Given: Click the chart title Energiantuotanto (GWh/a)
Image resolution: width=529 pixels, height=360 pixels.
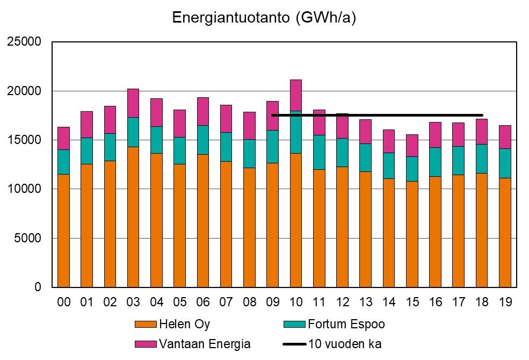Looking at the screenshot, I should [264, 18].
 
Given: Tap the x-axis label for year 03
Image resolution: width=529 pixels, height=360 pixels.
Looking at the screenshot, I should [133, 303].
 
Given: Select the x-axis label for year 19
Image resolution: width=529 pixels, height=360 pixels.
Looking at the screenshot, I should [505, 303].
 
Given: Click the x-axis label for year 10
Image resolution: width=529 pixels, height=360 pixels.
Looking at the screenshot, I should [296, 303].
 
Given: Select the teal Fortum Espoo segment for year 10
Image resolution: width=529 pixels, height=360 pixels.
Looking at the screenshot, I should [296, 134].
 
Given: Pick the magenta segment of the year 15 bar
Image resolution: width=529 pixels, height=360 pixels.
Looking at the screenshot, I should [412, 146].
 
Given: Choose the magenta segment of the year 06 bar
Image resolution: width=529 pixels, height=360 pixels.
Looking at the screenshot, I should [203, 111].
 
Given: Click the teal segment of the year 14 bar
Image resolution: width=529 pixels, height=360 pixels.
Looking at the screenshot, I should [389, 165].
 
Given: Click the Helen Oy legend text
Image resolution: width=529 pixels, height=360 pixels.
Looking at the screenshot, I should [184, 324].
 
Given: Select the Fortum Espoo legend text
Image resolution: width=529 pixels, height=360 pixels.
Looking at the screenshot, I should [346, 324].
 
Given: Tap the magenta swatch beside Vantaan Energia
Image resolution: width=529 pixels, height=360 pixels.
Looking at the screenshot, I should [146, 344].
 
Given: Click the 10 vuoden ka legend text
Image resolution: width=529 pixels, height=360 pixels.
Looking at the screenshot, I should [344, 344].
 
